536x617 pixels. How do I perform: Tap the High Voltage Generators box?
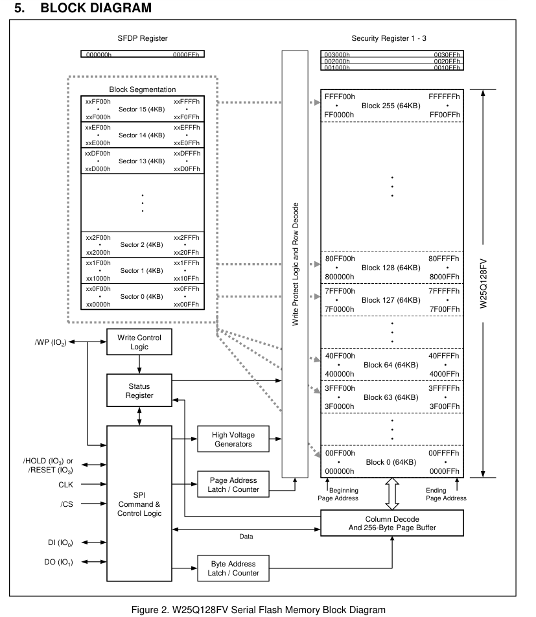click(x=231, y=439)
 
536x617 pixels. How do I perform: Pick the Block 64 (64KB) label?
click(x=391, y=365)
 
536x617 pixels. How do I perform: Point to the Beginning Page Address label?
click(x=338, y=494)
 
